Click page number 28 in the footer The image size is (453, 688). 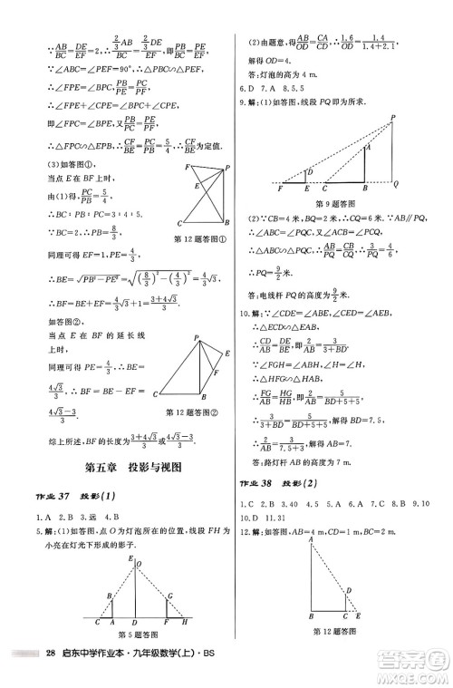click(51, 677)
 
